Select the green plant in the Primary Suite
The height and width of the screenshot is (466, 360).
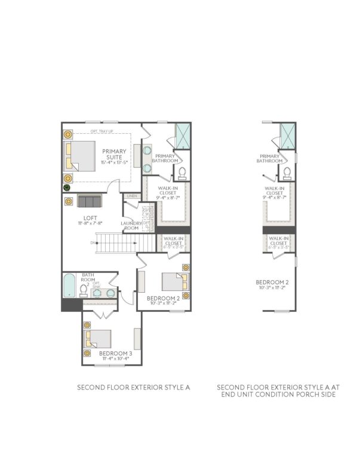click(67, 188)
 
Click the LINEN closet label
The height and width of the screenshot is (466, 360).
click(131, 196)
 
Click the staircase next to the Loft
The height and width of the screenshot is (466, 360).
click(116, 243)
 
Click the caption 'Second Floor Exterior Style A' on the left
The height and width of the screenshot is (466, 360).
click(133, 387)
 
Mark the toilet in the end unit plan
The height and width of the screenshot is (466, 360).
click(287, 174)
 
